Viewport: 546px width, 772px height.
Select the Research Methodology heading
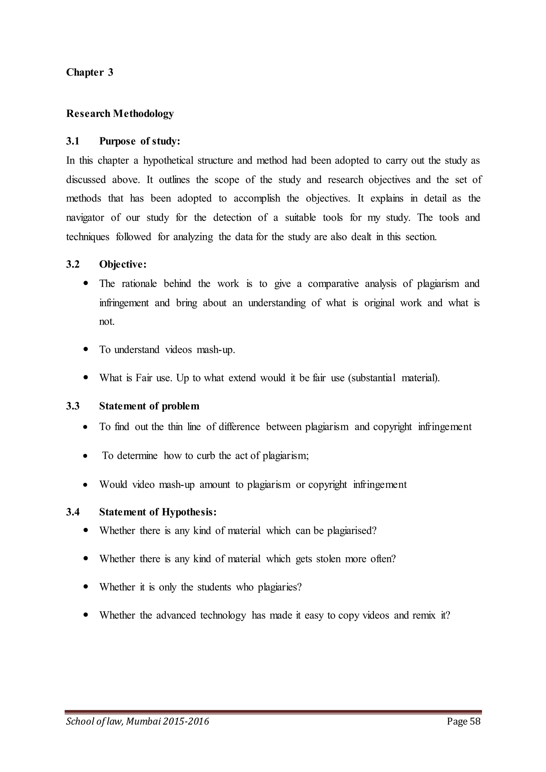tap(120, 114)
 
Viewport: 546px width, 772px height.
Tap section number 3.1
tap(73, 141)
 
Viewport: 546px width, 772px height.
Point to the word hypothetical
tap(168, 161)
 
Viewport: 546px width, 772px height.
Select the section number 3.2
tap(73, 265)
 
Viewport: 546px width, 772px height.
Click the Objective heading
tap(123, 265)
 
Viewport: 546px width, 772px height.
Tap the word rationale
tap(139, 284)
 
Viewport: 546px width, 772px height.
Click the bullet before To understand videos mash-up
tap(86, 349)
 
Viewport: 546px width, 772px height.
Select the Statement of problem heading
tap(149, 406)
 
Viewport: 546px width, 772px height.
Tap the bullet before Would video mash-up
tap(86, 485)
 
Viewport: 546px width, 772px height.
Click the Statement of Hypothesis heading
tap(158, 512)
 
